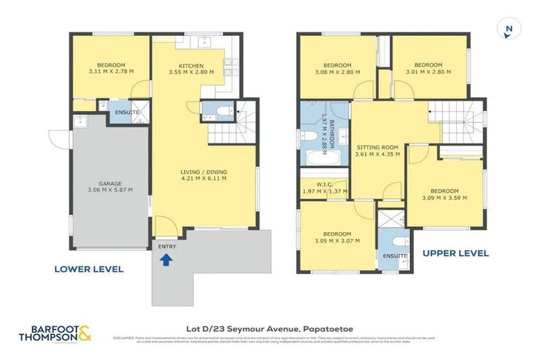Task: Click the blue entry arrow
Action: [x=166, y=260]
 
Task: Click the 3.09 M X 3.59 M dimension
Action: [x=444, y=198]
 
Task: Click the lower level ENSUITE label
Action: [x=127, y=112]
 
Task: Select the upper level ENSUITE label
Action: [x=394, y=256]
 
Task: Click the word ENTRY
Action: [x=166, y=246]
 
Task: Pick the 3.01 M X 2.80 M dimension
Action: [x=428, y=71]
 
